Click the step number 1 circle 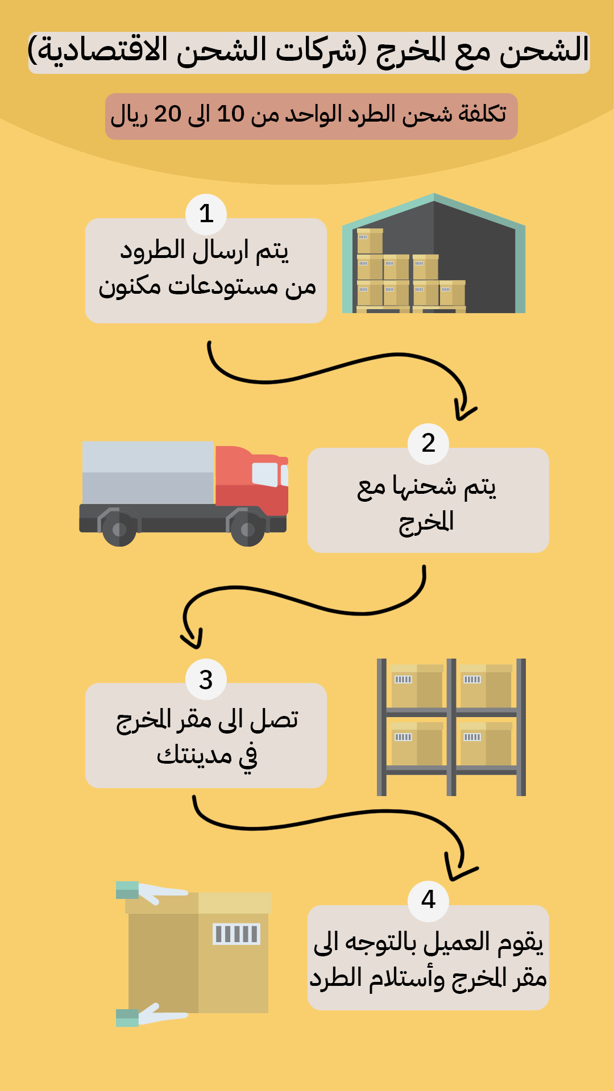point(206,214)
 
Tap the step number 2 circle point(428,443)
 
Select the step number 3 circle point(206,680)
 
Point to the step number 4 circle point(428,900)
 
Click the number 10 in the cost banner point(231,114)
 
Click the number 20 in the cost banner point(168,114)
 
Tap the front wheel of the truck point(248,530)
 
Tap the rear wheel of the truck point(119,530)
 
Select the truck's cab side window point(265,474)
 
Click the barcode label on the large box point(236,934)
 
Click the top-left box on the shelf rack point(417,685)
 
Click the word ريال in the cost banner point(129,115)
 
